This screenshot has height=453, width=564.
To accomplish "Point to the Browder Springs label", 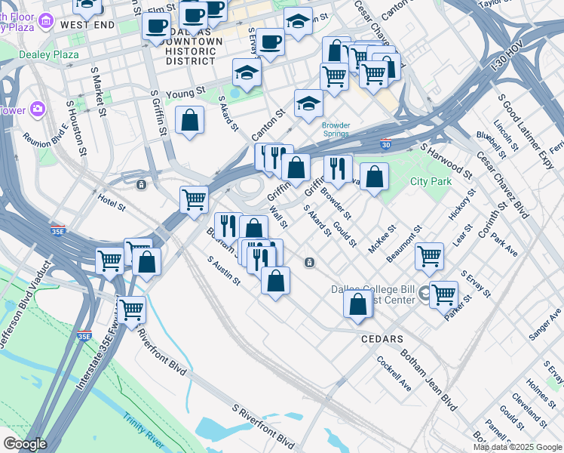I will [x=336, y=129].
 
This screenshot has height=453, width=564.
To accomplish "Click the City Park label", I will [x=431, y=182].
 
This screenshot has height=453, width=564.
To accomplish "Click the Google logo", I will [x=24, y=444].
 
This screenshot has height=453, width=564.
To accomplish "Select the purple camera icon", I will [x=36, y=109].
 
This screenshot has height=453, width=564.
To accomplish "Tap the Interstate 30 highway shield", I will [x=386, y=143].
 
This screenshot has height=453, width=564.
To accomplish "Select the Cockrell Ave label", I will [x=394, y=373].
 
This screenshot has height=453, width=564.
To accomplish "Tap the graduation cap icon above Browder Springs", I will [x=308, y=103].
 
